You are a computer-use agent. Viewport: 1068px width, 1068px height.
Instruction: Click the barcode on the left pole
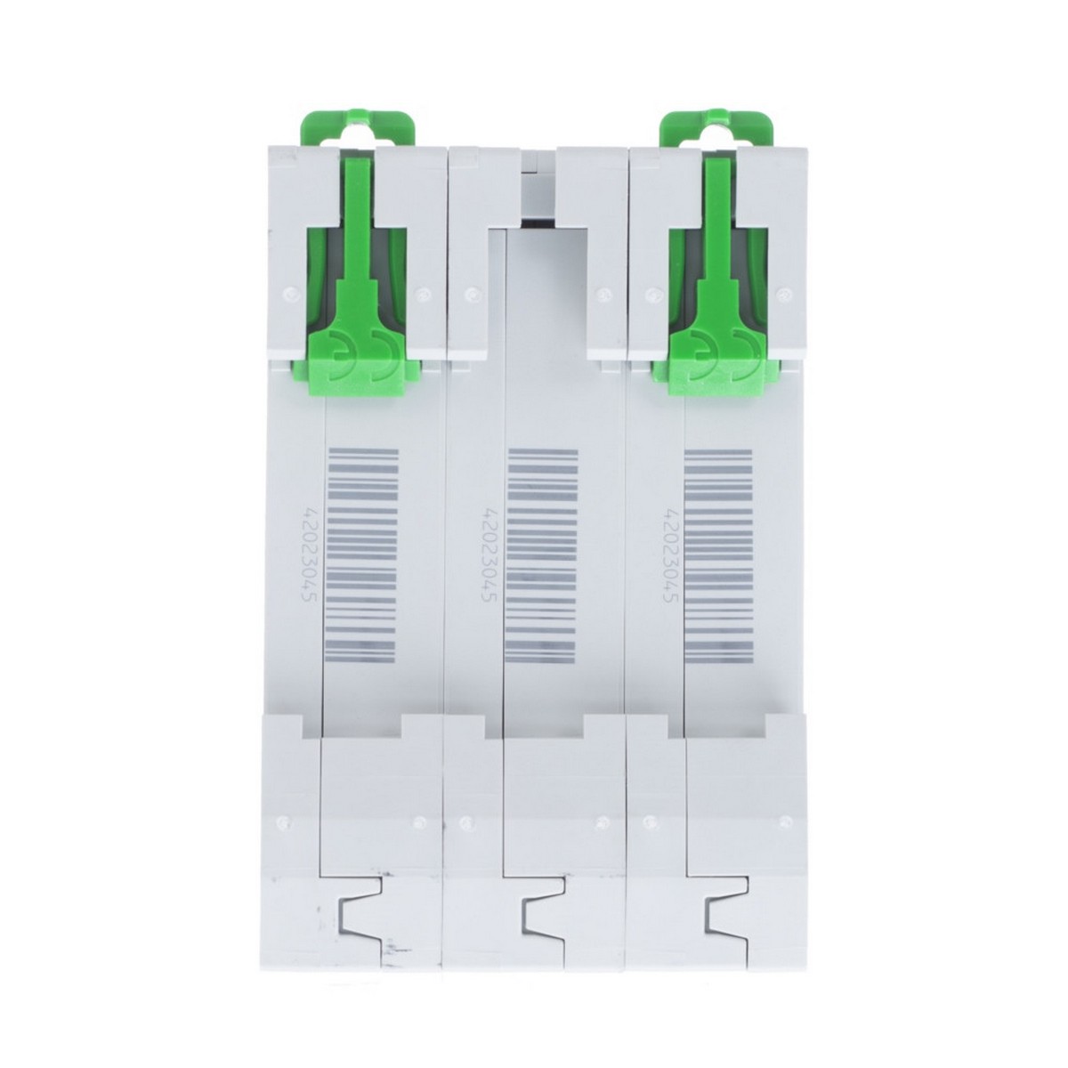coord(362,554)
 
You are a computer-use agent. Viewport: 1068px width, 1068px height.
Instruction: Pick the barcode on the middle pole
coord(541,554)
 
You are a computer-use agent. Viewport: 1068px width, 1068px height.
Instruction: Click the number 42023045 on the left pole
coord(310,556)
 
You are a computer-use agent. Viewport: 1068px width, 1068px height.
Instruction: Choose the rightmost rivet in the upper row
coord(783,290)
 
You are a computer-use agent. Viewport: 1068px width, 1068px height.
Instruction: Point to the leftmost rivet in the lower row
coord(284,821)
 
